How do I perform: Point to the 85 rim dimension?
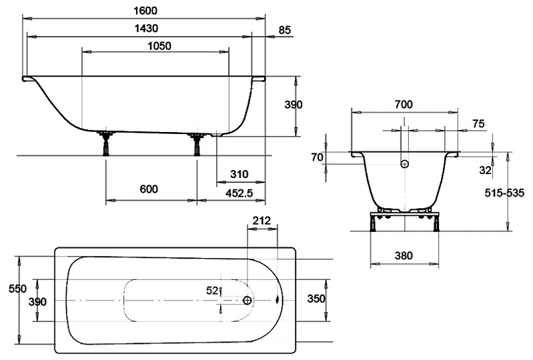point(284,29)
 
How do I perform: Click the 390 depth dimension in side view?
point(293,105)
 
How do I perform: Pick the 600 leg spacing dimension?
point(149,189)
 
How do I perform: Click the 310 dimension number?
point(238,174)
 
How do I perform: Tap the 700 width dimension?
point(404,104)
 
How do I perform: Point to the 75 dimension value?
point(478,124)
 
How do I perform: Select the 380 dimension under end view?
point(403,255)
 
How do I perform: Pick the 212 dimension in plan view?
point(261,221)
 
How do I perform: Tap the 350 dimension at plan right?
point(315,299)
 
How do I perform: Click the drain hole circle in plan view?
point(248,301)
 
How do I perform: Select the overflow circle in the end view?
point(404,163)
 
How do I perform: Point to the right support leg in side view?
point(197,143)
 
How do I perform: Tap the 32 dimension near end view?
point(485,170)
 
